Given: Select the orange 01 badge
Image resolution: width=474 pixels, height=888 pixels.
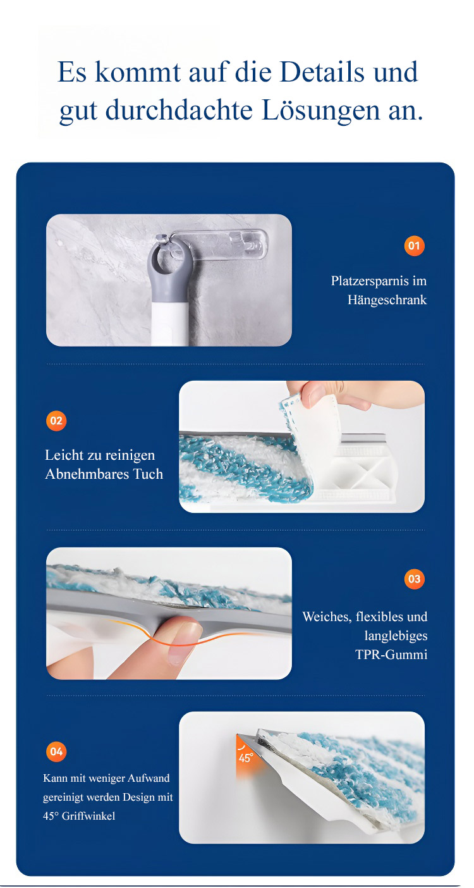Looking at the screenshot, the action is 414,246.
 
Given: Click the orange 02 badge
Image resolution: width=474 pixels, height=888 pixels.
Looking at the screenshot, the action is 56,421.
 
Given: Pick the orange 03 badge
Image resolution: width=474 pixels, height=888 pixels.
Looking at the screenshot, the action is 414,579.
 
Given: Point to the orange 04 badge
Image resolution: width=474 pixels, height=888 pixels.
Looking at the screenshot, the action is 56,751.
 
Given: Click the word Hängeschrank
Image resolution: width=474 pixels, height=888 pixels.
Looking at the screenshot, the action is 387,300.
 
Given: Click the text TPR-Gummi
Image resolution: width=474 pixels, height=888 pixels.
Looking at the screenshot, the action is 391,655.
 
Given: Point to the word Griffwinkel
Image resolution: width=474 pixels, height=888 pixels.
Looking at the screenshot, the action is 88,816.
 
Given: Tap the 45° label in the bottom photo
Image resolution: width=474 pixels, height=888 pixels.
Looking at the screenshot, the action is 245,758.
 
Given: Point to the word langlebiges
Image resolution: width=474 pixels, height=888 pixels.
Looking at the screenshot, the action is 396,636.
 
